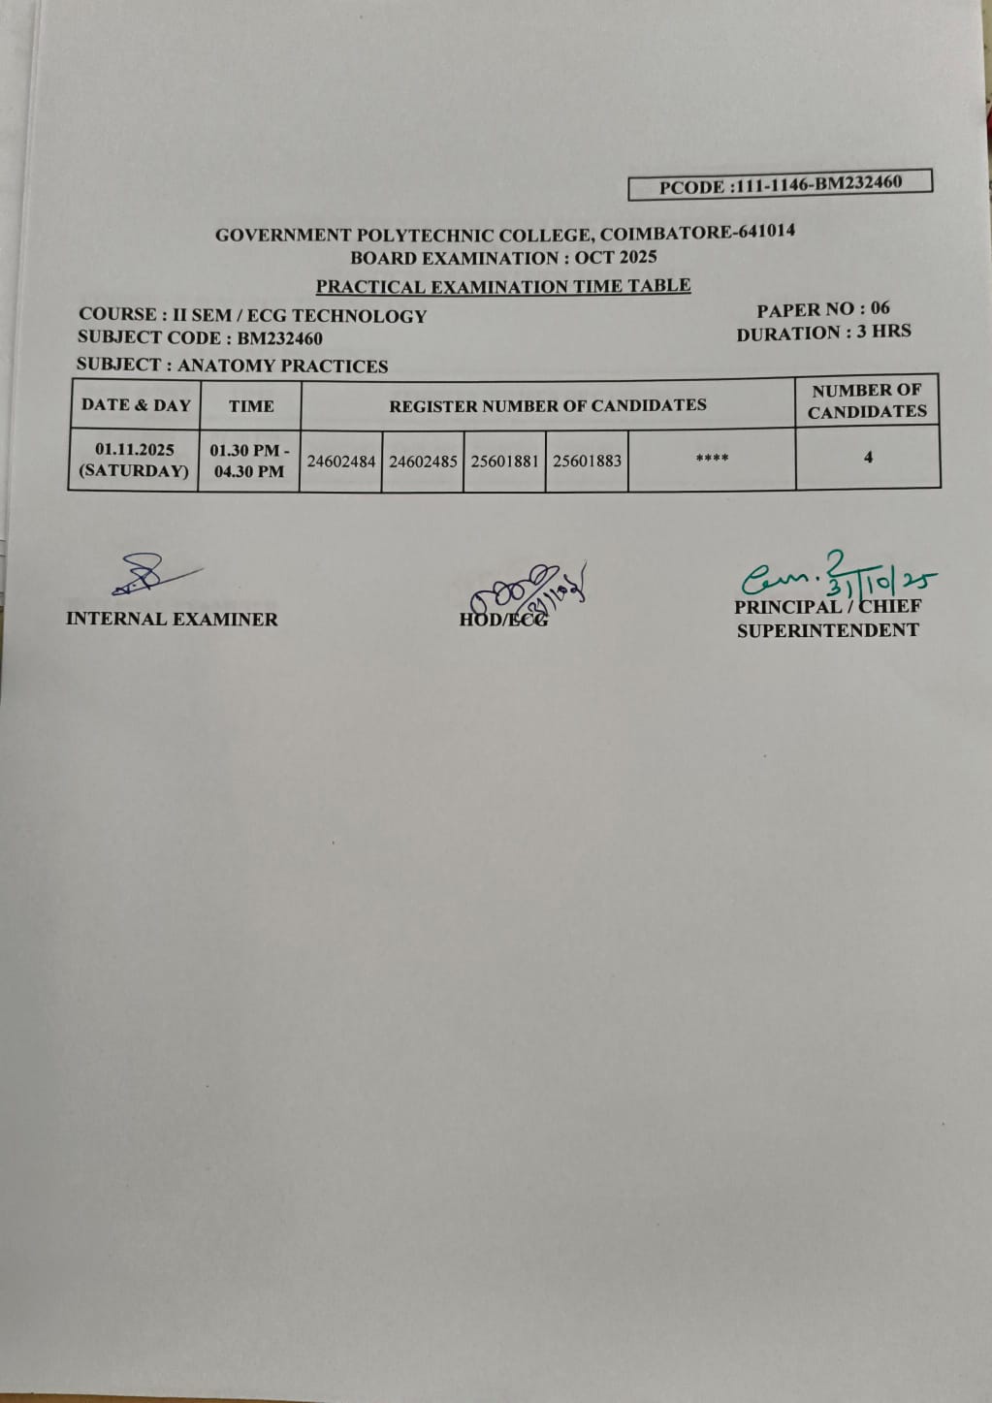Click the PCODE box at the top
tap(780, 184)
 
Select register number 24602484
tap(340, 462)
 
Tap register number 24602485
tap(423, 462)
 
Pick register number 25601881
tap(504, 461)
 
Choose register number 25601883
tap(587, 461)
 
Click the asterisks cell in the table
tap(712, 459)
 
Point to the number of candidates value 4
tap(868, 457)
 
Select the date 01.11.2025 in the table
tap(135, 450)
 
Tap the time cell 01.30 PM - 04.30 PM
tap(249, 461)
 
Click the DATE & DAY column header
tap(136, 405)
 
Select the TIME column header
tap(251, 406)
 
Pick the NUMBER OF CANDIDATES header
tap(867, 400)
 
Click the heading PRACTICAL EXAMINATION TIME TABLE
tap(502, 286)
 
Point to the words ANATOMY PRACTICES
tap(282, 366)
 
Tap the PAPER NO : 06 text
tap(822, 309)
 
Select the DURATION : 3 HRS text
tap(823, 333)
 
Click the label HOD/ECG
tap(503, 620)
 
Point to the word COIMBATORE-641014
tap(697, 233)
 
